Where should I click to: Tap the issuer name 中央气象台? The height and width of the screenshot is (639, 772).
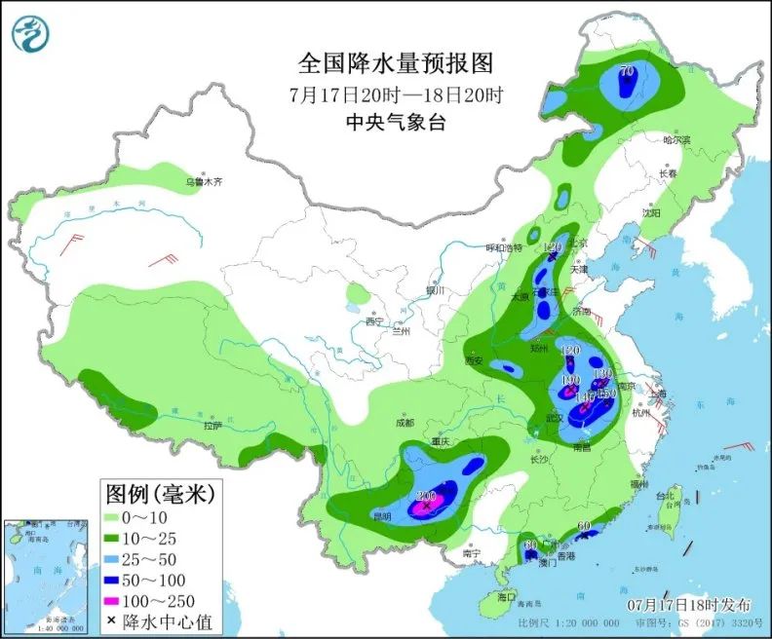pyautogui.click(x=396, y=122)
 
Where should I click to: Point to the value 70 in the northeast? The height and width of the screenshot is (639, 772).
pyautogui.click(x=628, y=71)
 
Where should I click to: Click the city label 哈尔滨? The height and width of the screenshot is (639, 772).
pyautogui.click(x=675, y=140)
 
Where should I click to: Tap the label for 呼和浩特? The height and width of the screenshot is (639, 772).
pyautogui.click(x=505, y=248)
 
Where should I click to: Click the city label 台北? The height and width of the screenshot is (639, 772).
pyautogui.click(x=664, y=496)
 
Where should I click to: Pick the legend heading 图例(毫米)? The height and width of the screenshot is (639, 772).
pyautogui.click(x=161, y=494)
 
